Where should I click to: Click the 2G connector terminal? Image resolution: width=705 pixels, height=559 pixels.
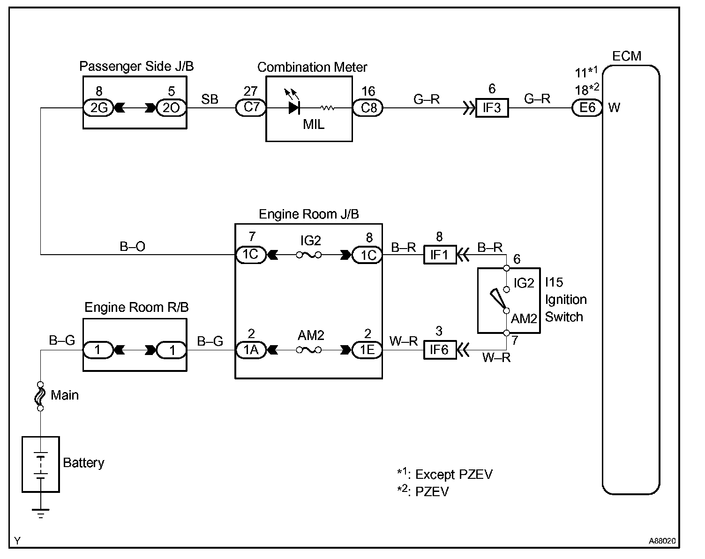(x=98, y=108)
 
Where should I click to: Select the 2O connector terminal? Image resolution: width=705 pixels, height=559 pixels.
(x=171, y=108)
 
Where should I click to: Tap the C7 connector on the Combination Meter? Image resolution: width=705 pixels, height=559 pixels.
(x=251, y=108)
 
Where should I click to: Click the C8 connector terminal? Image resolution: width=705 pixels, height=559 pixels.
(x=368, y=108)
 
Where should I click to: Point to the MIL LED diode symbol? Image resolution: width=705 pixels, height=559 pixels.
(x=294, y=107)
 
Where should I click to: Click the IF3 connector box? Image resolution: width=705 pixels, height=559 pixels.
(x=492, y=108)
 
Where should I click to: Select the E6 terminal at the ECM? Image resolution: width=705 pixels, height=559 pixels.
(x=587, y=108)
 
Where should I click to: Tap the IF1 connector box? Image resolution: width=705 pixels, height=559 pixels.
(x=440, y=255)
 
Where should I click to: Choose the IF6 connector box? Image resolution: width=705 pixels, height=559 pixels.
(x=440, y=350)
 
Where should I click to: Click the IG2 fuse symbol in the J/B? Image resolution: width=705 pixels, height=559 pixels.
(x=309, y=255)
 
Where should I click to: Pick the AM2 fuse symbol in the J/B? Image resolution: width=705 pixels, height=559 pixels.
(x=309, y=350)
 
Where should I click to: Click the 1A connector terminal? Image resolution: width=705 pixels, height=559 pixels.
(x=251, y=350)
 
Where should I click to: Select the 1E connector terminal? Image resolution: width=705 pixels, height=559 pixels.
(x=367, y=350)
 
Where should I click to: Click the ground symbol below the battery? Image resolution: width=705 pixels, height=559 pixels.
(x=41, y=513)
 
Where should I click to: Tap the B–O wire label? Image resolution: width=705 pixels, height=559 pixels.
(x=133, y=246)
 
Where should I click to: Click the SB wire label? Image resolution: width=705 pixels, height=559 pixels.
(x=210, y=99)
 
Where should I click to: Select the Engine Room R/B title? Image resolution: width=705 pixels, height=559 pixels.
(x=136, y=308)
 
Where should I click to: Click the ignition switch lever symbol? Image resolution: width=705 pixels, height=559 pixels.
(x=498, y=299)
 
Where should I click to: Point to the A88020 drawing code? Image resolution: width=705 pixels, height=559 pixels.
(x=662, y=541)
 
